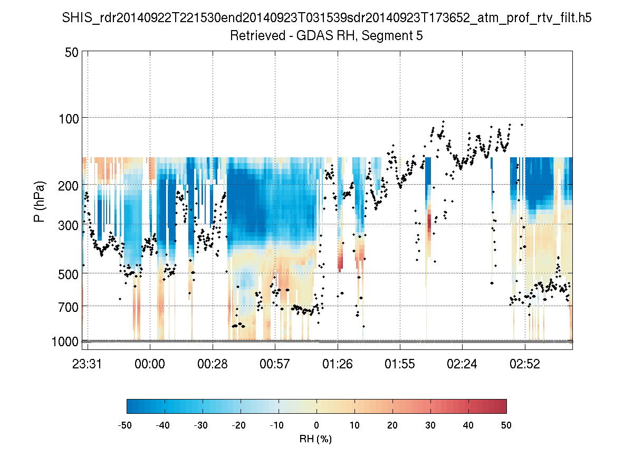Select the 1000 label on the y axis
pyautogui.click(x=65, y=341)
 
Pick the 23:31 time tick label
pyautogui.click(x=88, y=364)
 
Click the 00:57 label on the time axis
pyautogui.click(x=275, y=364)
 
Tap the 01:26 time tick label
pyautogui.click(x=338, y=364)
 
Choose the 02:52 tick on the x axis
pyautogui.click(x=524, y=364)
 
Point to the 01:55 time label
pyautogui.click(x=400, y=364)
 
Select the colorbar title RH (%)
pyautogui.click(x=315, y=439)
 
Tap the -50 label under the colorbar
pyautogui.click(x=125, y=425)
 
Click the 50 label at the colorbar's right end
pyautogui.click(x=506, y=425)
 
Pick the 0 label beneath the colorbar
pyautogui.click(x=316, y=425)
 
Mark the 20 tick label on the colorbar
pyautogui.click(x=392, y=425)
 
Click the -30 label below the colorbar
pyautogui.click(x=201, y=425)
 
